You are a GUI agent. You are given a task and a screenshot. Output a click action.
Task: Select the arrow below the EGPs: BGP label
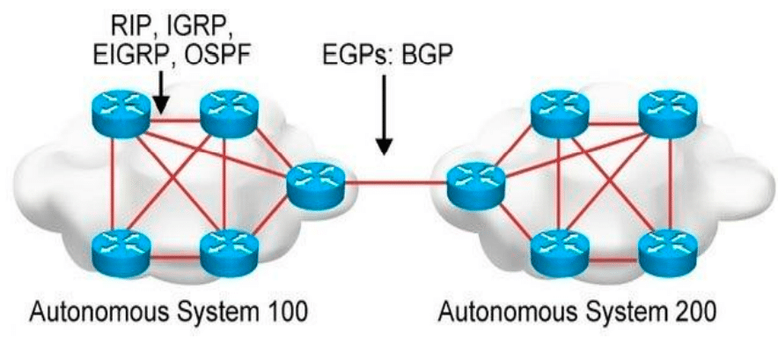pos(383,120)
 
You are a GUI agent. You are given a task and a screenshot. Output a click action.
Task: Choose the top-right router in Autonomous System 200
pos(666,111)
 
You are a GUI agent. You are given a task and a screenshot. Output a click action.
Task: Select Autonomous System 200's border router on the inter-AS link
pos(475,182)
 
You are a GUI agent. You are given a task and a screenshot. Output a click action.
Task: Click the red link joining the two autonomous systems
pos(396,183)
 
